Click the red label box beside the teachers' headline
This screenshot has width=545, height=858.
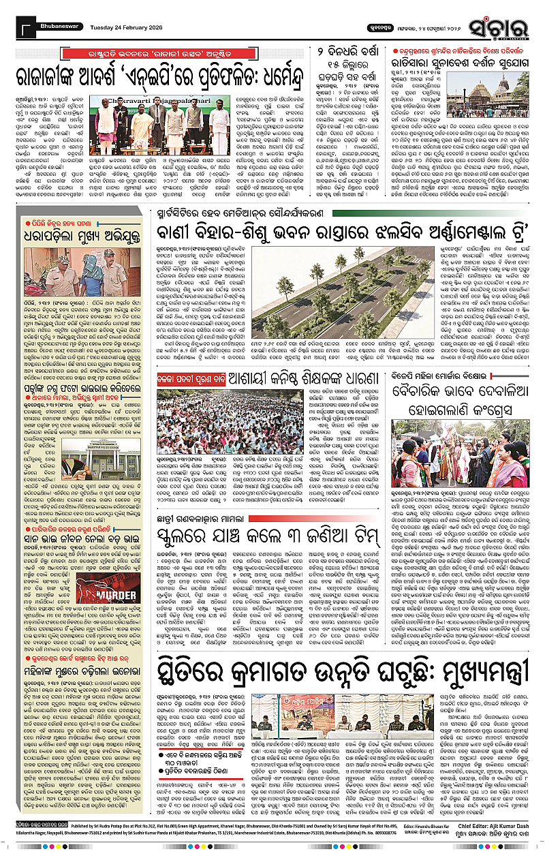click(176, 376)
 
